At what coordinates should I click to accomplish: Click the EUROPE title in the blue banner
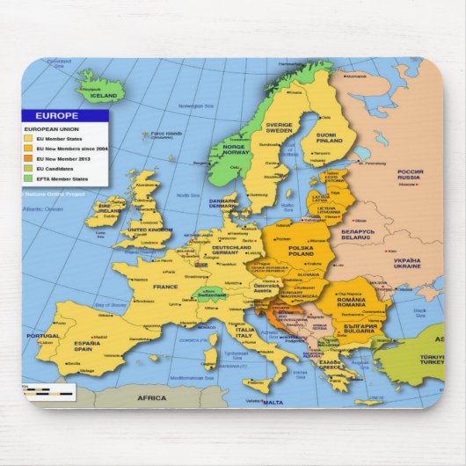[57, 115]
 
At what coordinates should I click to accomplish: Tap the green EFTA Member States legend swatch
[28, 178]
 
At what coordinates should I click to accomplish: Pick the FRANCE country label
[164, 287]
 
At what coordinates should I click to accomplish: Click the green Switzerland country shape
[211, 294]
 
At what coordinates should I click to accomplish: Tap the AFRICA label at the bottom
[150, 398]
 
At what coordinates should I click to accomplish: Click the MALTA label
[273, 402]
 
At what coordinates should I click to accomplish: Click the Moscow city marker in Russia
[406, 185]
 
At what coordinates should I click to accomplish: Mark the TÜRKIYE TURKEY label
[432, 360]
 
